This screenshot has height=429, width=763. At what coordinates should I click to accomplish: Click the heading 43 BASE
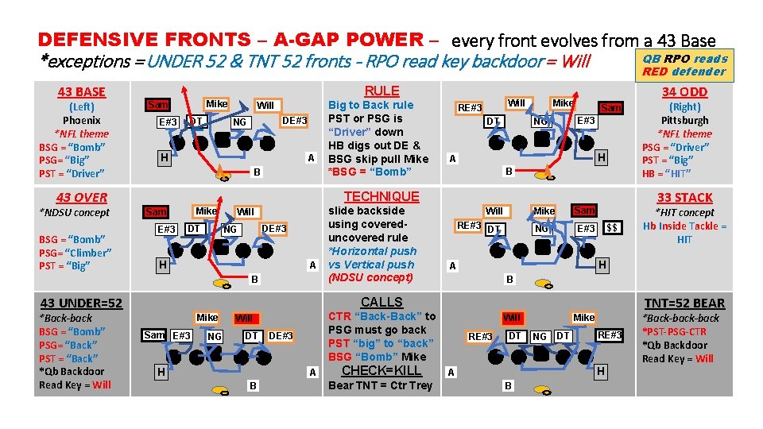pos(81,92)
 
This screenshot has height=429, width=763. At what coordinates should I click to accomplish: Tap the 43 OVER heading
pos(81,197)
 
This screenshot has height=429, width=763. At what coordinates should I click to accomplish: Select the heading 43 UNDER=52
pos(81,303)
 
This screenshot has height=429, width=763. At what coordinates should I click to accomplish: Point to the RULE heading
pos(381,91)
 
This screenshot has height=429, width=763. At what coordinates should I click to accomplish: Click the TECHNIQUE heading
pos(381,196)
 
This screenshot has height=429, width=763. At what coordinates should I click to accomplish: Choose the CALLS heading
pos(381,302)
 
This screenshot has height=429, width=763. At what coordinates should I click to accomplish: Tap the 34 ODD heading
pos(684,92)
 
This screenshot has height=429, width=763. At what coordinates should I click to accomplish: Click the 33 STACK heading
pos(684,198)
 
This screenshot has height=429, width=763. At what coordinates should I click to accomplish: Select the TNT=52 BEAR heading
pos(684,303)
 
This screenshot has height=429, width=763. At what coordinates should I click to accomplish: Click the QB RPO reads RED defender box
pos(684,65)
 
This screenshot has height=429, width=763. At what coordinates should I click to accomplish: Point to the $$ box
pos(611,228)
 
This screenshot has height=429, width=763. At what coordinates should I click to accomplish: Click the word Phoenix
pos(81,120)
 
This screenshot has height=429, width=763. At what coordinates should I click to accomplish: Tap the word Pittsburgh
pos(684,120)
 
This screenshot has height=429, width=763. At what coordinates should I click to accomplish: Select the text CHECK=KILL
pos(381,371)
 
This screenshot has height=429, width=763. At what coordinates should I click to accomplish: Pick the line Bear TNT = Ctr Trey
pos(380,385)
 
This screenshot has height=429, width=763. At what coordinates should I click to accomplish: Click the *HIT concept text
pos(684,212)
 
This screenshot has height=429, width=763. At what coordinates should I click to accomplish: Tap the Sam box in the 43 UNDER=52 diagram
pos(154,335)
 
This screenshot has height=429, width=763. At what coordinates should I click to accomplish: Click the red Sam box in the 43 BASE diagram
pos(158,105)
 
